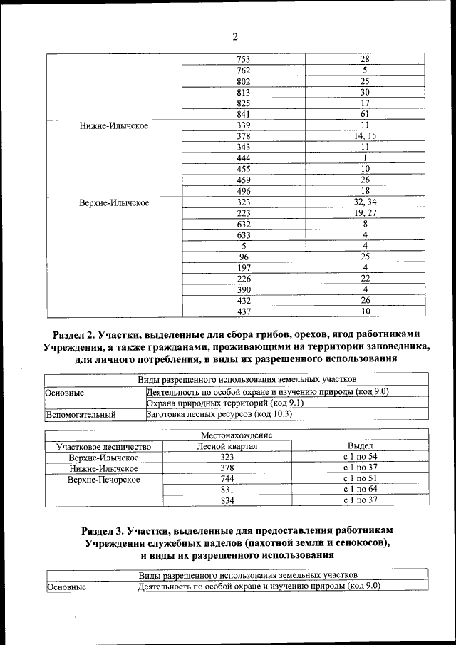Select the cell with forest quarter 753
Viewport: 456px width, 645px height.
pos(244,58)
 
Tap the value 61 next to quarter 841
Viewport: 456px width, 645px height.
pos(365,114)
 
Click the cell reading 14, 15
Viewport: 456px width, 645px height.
pos(365,135)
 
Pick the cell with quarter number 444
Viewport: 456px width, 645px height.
pos(244,158)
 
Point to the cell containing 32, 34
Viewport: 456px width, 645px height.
pos(365,202)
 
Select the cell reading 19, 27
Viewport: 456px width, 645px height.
pos(365,213)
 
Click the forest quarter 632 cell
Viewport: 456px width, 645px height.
pos(244,224)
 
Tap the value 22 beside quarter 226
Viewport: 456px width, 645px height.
pos(365,278)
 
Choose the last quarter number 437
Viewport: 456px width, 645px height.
pos(244,311)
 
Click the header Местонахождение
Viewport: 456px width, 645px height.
pos(235,435)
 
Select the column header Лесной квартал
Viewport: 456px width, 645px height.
pos(227,446)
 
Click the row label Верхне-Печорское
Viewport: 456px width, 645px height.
pos(103,479)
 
